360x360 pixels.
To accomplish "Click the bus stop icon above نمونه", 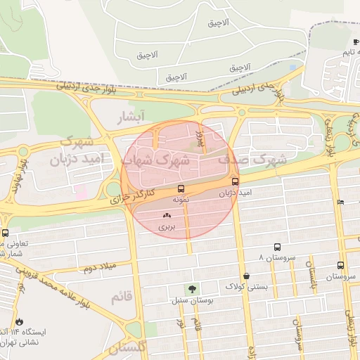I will pyautogui.click(x=181, y=188).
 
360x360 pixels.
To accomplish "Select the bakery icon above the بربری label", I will pyautogui.click(x=167, y=216).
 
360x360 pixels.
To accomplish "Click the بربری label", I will pyautogui.click(x=166, y=227).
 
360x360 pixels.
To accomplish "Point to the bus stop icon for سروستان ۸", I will pyautogui.click(x=277, y=247).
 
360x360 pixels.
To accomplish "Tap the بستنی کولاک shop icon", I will pyautogui.click(x=245, y=276).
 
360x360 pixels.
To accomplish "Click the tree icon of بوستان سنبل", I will pyautogui.click(x=192, y=290).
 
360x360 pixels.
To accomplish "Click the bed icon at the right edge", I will pyautogui.click(x=341, y=202).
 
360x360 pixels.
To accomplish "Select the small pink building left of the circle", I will pyautogui.click(x=81, y=191).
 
